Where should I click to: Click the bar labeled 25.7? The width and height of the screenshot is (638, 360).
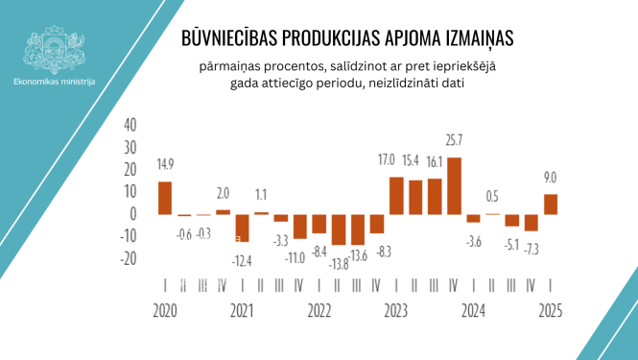(x=454, y=185)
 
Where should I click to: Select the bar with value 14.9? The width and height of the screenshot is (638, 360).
(x=165, y=198)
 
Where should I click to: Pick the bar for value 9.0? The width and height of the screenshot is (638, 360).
(x=551, y=204)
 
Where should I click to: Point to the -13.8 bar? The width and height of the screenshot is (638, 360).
(x=338, y=228)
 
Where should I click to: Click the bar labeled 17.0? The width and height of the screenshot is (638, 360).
(x=396, y=195)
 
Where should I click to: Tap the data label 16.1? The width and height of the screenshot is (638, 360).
(x=435, y=162)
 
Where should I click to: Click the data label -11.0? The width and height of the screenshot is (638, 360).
(x=299, y=255)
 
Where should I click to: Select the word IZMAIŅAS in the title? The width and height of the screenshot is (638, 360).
(x=473, y=37)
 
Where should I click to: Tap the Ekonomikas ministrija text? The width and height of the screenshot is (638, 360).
(x=55, y=82)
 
